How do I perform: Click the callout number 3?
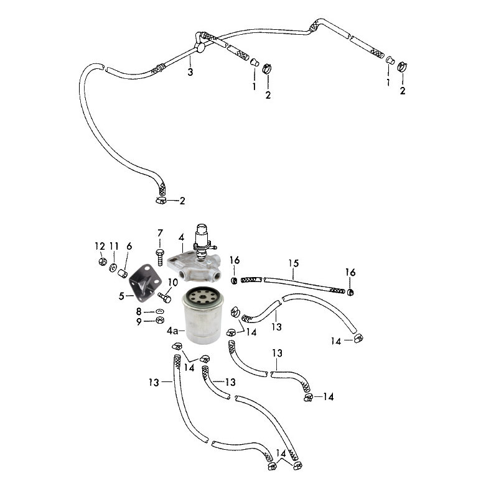click(x=190, y=72)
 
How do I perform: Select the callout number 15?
click(x=293, y=263)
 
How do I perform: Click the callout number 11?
click(x=114, y=247)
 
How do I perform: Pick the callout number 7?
click(x=129, y=247)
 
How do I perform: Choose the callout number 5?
click(x=159, y=233)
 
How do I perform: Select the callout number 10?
click(x=173, y=283)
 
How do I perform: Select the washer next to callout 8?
click(x=159, y=311)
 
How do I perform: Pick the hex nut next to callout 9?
click(x=159, y=321)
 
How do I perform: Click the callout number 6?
click(x=129, y=247)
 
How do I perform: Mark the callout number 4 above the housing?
click(x=181, y=238)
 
